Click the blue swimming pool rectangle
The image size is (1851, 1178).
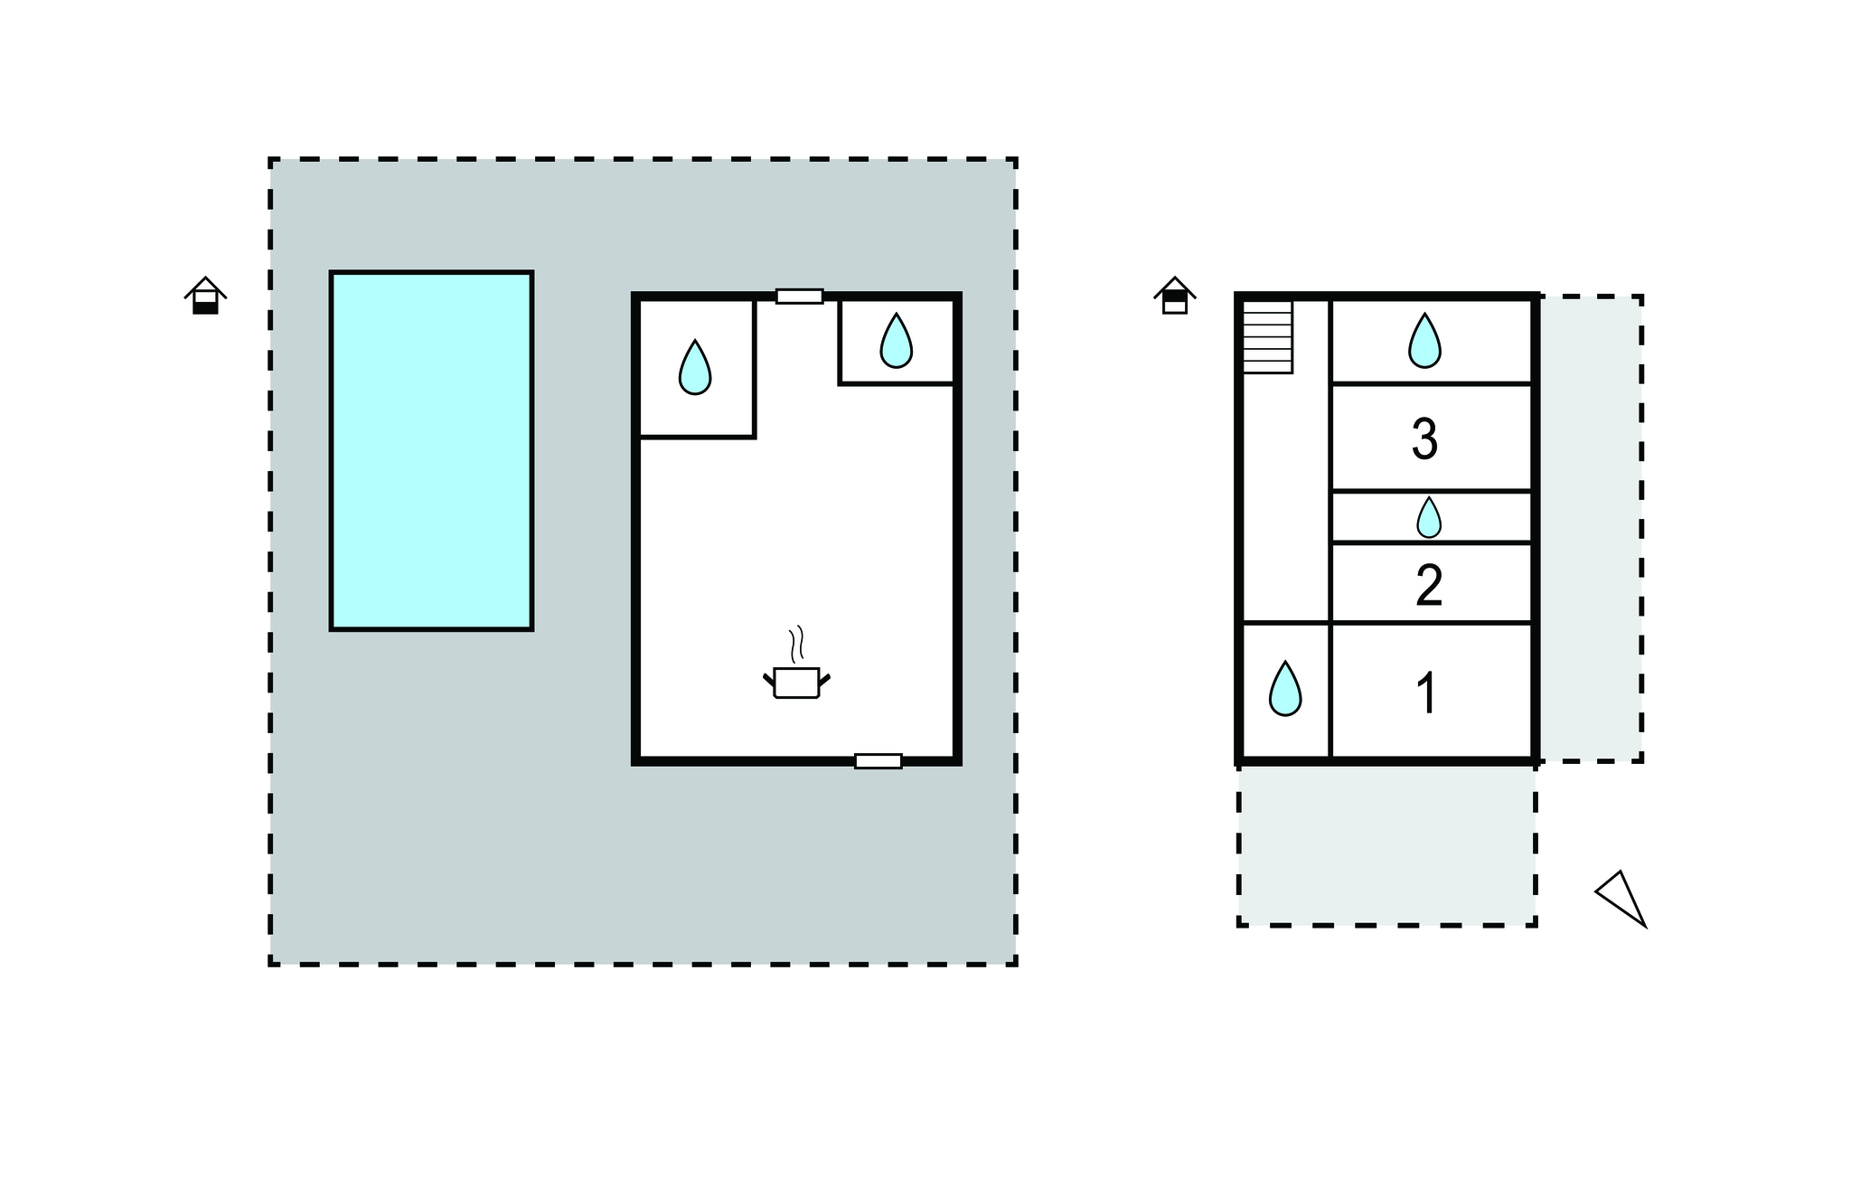tap(431, 450)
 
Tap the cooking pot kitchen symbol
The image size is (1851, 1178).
tap(796, 683)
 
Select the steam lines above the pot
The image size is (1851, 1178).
tap(796, 645)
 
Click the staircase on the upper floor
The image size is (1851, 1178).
tap(1267, 336)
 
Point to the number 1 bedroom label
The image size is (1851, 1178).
tap(1426, 693)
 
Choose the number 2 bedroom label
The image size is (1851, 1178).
tap(1429, 585)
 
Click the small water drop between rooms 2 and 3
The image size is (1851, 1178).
tap(1428, 517)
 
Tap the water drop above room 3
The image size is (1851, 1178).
tap(1424, 341)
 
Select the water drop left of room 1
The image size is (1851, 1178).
tap(1285, 689)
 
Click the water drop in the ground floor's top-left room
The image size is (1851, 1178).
tap(695, 367)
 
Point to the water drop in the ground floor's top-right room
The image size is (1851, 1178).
tap(896, 341)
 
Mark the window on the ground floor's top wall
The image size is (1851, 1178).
tap(800, 297)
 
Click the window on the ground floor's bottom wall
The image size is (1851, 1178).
tap(879, 761)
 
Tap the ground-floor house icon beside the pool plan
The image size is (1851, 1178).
tap(206, 296)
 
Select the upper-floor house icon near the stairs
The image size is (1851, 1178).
tap(1175, 296)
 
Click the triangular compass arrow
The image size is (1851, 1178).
tap(1621, 899)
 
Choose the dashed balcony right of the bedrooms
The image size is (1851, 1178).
tap(1591, 529)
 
